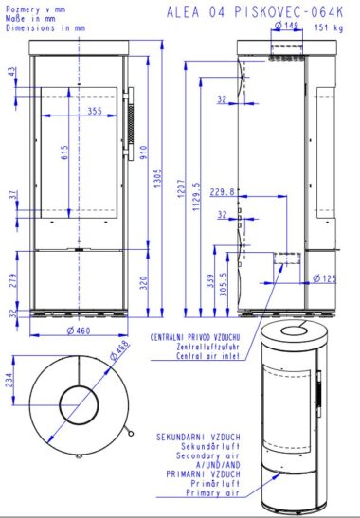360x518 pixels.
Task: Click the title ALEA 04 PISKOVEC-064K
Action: [255, 12]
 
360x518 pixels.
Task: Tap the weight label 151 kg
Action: [329, 27]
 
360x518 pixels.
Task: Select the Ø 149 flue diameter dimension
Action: [286, 25]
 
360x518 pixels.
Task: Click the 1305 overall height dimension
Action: [157, 178]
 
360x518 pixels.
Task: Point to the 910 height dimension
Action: [144, 152]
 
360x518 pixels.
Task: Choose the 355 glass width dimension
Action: [95, 111]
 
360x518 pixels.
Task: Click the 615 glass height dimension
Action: [64, 152]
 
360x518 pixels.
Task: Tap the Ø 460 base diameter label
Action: [79, 330]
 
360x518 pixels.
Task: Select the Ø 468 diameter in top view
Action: [119, 351]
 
